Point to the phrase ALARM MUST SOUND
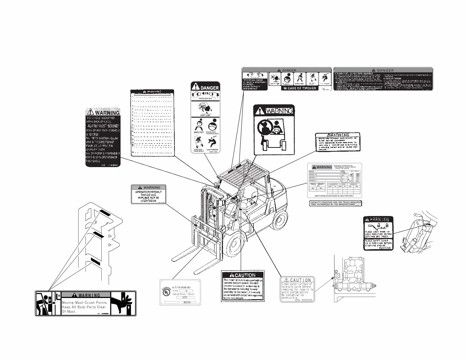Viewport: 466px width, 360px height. (x=103, y=126)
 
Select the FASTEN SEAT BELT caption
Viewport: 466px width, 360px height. (x=205, y=99)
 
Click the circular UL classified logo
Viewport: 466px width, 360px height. (x=166, y=292)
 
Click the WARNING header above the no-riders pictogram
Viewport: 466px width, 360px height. (x=273, y=111)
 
